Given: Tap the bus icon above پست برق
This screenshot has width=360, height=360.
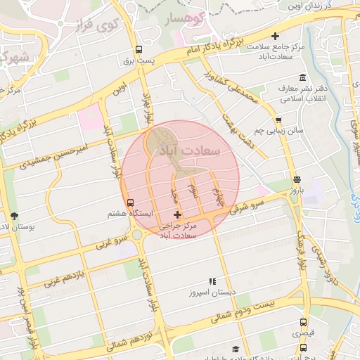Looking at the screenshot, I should (x=139, y=50).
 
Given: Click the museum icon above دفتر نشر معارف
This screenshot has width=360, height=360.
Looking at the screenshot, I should (x=302, y=77).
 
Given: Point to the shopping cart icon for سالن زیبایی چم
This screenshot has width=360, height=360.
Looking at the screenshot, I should (x=279, y=120).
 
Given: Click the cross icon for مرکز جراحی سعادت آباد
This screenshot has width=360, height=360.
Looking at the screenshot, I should (x=176, y=214).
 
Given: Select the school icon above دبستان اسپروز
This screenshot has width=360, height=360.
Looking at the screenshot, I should (x=210, y=281).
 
